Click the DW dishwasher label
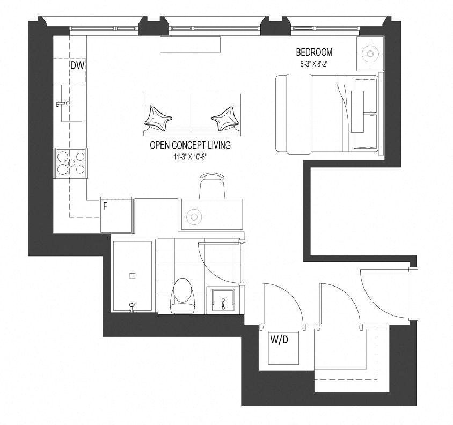(x=77, y=65)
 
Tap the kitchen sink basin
(x=71, y=103)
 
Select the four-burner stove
(x=70, y=163)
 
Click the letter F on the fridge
(x=105, y=206)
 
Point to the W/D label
(x=279, y=339)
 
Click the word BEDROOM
(x=314, y=52)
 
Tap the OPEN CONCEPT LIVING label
(x=190, y=145)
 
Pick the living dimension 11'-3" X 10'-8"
(x=191, y=157)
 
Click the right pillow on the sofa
(x=225, y=119)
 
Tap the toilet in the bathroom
(x=183, y=296)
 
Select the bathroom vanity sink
(x=223, y=299)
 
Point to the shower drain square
(x=133, y=276)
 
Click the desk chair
(x=212, y=186)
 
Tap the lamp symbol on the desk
(x=194, y=216)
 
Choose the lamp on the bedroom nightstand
(x=370, y=54)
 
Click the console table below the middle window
(x=191, y=45)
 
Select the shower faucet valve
(x=132, y=307)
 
